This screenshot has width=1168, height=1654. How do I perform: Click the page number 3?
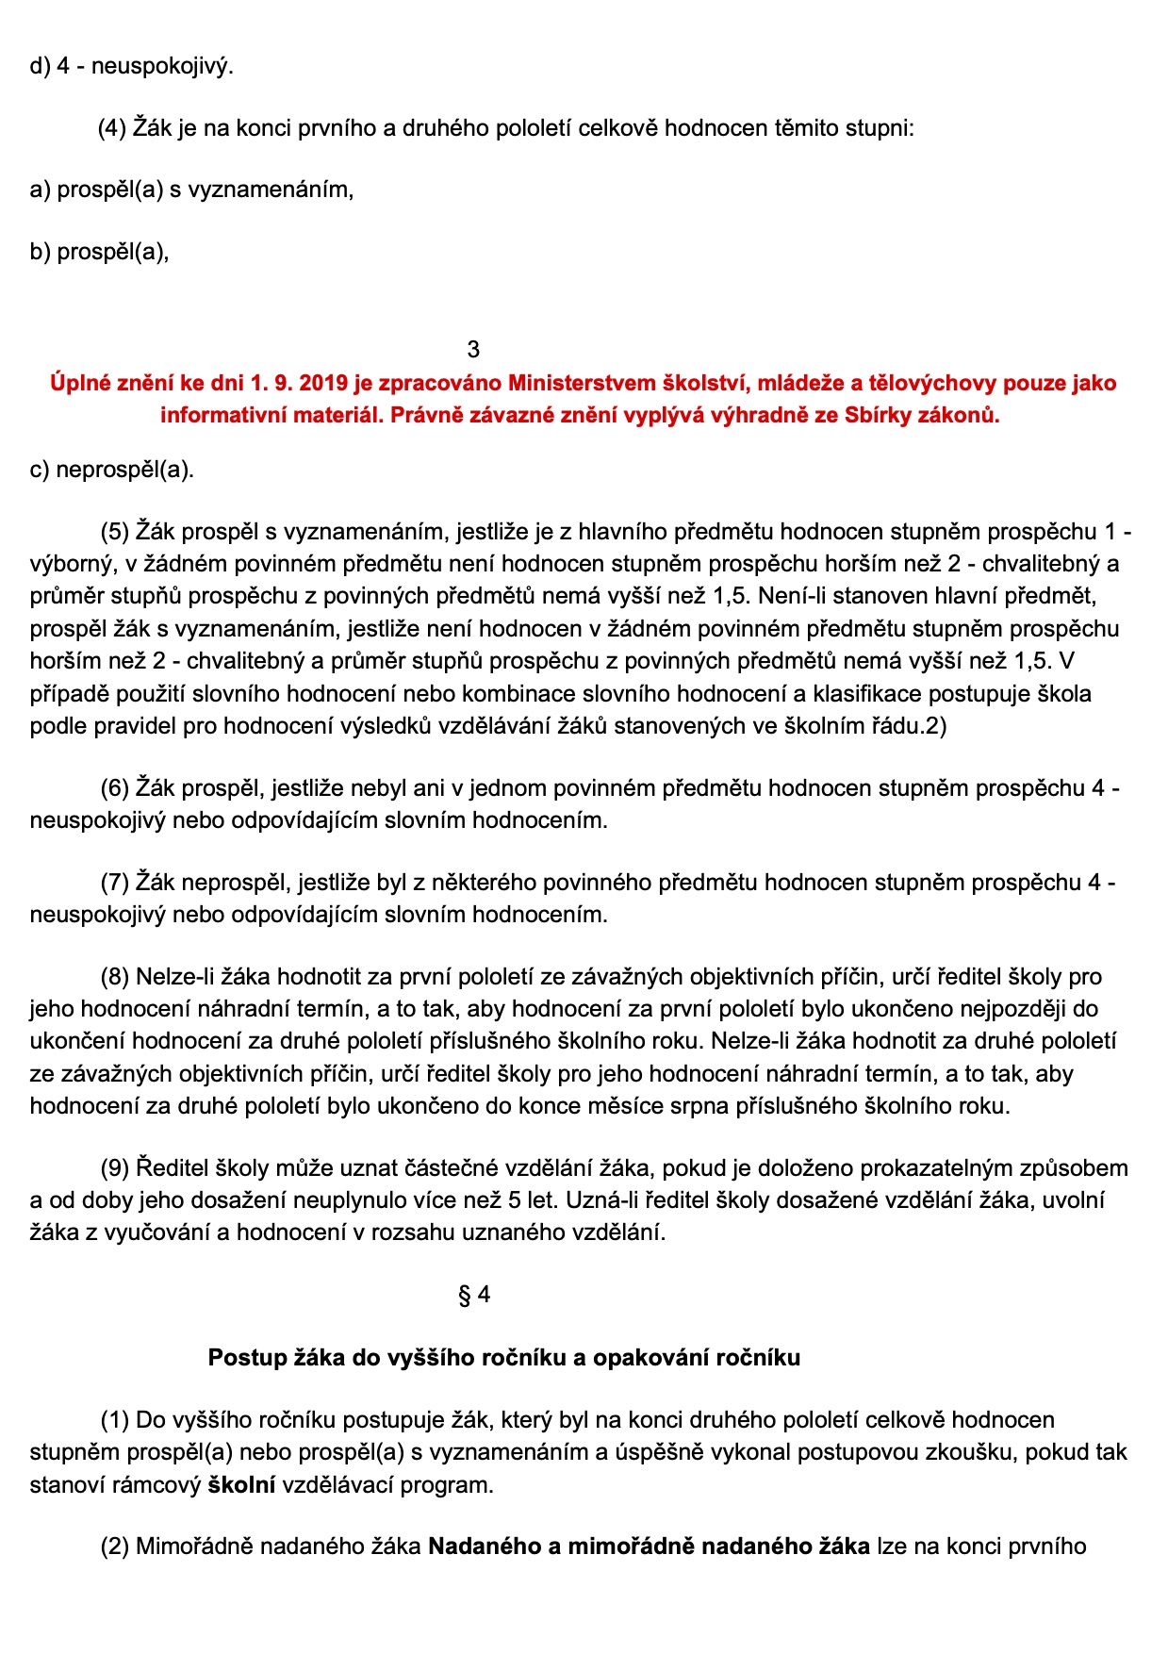[473, 350]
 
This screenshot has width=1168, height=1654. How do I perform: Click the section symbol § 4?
[474, 1295]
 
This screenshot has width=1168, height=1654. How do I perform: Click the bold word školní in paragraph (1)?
[241, 1485]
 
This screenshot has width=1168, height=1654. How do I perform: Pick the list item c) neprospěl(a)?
[111, 470]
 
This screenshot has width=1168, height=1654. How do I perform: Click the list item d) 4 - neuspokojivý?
[131, 67]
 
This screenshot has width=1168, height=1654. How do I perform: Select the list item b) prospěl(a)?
[99, 252]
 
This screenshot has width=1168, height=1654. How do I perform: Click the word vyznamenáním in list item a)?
[271, 190]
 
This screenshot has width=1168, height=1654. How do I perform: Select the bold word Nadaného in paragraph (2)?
[485, 1547]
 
